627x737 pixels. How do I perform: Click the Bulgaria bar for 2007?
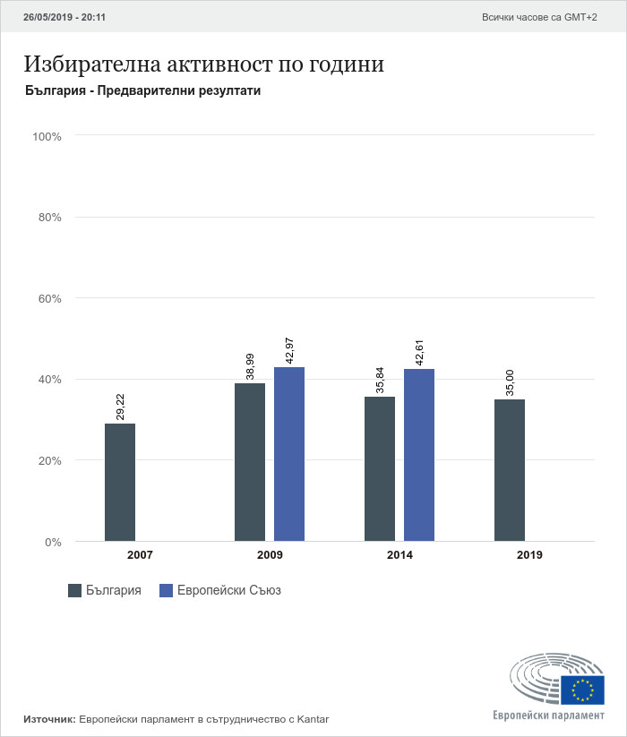(120, 482)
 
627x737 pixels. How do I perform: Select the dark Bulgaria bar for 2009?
(250, 462)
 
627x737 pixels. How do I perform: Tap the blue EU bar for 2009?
(289, 454)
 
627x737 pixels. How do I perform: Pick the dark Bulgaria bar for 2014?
(380, 468)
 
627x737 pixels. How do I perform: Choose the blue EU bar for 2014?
(419, 455)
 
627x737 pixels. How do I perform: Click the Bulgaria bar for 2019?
(510, 470)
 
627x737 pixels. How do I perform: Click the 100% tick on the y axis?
(46, 136)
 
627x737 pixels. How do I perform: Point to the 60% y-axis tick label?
(48, 298)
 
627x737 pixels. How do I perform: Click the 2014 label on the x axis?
(399, 555)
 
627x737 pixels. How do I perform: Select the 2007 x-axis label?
(140, 555)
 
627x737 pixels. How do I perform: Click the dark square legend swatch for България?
(75, 590)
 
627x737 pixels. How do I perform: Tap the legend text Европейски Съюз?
(229, 590)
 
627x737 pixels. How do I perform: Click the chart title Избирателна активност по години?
(204, 65)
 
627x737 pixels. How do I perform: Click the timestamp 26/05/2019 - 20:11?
(64, 17)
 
